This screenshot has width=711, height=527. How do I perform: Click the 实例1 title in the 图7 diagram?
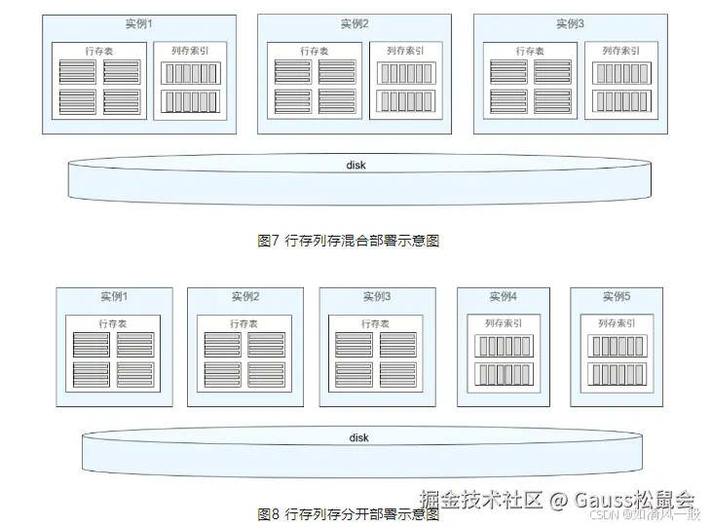coord(138,23)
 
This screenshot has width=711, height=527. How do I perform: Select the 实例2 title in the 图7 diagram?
coord(355,23)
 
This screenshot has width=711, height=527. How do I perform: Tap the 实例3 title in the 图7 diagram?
coord(571,23)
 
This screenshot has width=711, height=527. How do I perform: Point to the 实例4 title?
coord(503,297)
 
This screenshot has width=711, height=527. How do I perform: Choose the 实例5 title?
coord(616,297)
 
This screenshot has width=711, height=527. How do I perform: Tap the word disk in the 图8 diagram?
coord(359,437)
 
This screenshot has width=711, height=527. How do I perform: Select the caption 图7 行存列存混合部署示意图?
coord(349,241)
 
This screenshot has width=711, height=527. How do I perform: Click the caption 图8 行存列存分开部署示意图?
coord(349,514)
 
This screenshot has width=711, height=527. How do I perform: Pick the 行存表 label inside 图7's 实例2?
coord(315,51)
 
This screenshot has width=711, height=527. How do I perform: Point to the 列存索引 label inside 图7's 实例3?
coord(620,51)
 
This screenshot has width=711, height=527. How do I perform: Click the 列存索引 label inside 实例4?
coord(503,323)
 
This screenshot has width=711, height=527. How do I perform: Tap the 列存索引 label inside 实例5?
coord(616,323)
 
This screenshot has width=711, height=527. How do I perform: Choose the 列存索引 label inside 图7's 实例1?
coord(189,51)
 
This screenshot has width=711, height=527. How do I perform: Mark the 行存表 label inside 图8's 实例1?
coord(113,323)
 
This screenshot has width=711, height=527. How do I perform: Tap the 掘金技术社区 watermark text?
coord(480,499)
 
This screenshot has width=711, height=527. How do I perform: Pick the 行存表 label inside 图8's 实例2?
coord(244,323)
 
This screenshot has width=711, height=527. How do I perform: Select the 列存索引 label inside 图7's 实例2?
coord(405,51)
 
